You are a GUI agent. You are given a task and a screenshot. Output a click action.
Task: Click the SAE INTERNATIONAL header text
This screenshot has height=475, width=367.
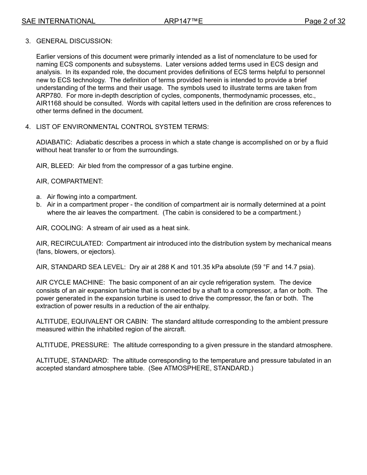pos(58,21)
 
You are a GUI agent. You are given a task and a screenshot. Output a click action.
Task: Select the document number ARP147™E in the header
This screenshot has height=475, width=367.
pos(183,21)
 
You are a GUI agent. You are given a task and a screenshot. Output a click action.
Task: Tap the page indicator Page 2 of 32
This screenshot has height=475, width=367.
pos(325,21)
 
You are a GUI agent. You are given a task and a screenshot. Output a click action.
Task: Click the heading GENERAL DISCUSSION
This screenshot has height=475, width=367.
pos(74,41)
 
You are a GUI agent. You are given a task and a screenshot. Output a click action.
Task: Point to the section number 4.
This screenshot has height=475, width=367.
pos(27,127)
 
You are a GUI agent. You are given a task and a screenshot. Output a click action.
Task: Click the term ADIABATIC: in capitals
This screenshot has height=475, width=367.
pos(54,142)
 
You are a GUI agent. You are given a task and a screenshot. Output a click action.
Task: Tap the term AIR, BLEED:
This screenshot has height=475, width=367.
pos(55,166)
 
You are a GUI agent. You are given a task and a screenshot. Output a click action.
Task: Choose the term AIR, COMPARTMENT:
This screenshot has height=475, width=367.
pos(70,181)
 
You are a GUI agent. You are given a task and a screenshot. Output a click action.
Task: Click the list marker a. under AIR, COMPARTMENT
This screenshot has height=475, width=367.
pos(39,197)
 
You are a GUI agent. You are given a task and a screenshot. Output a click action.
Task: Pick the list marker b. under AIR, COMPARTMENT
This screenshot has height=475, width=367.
pos(39,204)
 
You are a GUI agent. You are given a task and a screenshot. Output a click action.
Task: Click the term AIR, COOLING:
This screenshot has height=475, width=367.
pos(59,228)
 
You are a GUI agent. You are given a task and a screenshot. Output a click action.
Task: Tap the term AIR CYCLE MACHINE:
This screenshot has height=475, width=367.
pos(70,283)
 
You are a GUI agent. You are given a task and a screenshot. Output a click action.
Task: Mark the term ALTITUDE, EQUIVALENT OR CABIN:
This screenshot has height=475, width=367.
pos(92,321)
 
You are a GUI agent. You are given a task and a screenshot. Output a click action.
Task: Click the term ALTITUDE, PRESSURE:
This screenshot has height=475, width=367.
pos(73,345)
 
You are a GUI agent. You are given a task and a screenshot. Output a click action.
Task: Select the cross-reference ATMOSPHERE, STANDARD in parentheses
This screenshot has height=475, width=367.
pos(207,368)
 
